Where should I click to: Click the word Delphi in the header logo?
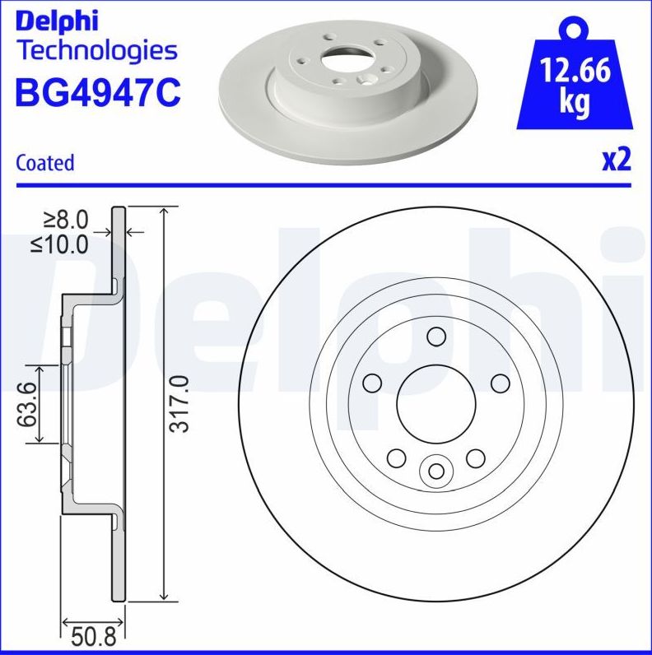point(57,20)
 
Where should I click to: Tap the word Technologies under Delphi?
point(97,50)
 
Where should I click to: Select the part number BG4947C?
point(97,92)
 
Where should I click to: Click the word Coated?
point(45,163)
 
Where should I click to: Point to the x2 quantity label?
point(616,160)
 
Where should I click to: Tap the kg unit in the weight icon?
point(575,104)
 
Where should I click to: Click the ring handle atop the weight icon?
point(575,30)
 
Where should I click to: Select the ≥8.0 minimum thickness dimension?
point(66,219)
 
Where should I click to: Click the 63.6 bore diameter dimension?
point(27,404)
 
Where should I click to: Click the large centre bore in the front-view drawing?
point(435,402)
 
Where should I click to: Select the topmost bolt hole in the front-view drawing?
point(436,336)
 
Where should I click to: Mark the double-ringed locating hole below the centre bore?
point(435,471)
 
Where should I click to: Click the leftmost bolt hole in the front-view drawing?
point(372,383)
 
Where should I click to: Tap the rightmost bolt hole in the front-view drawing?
point(500,383)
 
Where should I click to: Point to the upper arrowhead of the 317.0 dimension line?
point(167,212)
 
